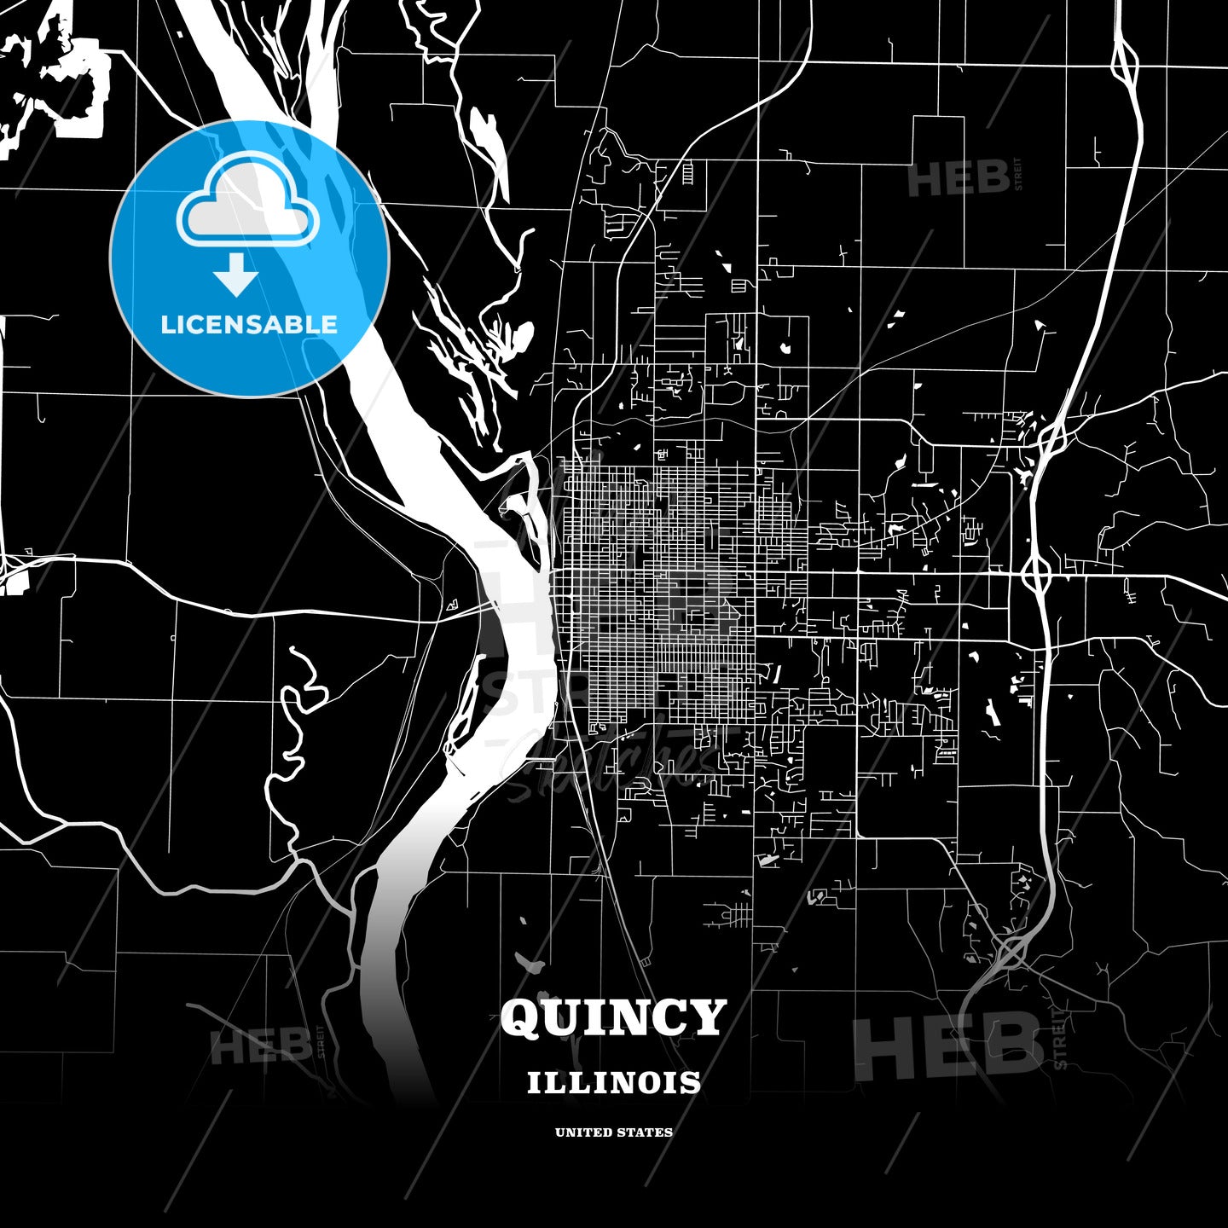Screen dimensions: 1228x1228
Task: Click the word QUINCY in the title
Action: pyautogui.click(x=613, y=1018)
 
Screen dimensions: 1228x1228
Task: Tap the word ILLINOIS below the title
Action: pyautogui.click(x=613, y=1083)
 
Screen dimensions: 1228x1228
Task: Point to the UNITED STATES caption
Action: pyautogui.click(x=613, y=1132)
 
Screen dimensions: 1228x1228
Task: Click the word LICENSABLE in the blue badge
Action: pyautogui.click(x=249, y=324)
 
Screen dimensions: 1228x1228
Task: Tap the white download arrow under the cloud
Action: pyautogui.click(x=236, y=275)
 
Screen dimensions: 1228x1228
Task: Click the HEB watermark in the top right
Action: pyautogui.click(x=959, y=179)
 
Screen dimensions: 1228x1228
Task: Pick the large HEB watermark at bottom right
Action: pyautogui.click(x=947, y=1046)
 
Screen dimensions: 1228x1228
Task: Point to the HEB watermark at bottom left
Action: pyautogui.click(x=261, y=1046)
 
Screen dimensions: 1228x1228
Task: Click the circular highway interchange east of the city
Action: pyautogui.click(x=1036, y=573)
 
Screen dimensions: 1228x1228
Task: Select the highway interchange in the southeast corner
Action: pyautogui.click(x=1012, y=952)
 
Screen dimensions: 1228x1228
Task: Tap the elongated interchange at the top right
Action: pyautogui.click(x=1124, y=61)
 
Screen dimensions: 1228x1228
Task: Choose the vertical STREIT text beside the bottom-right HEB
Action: pyautogui.click(x=1060, y=1039)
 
